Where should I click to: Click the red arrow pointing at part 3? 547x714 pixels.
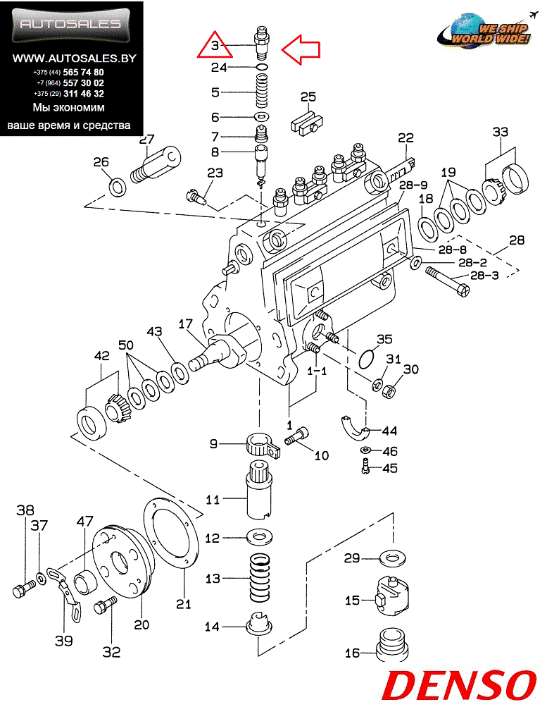[x=301, y=49]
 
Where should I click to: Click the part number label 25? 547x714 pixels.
[x=308, y=97]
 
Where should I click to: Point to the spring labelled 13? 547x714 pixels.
[x=260, y=578]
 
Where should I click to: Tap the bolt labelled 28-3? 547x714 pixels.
[x=448, y=283]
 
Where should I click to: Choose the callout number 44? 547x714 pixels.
[x=389, y=431]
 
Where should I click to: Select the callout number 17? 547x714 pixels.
[x=186, y=324]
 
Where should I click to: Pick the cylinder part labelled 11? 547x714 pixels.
[x=259, y=489]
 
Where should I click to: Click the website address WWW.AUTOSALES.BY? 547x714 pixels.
[x=74, y=59]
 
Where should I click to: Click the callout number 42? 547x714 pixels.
[x=101, y=356]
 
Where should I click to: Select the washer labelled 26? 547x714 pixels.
[x=118, y=186]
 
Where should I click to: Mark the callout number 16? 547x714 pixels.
[x=352, y=653]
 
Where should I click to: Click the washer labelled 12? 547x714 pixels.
[x=260, y=536]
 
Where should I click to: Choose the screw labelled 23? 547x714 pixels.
[x=197, y=196]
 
